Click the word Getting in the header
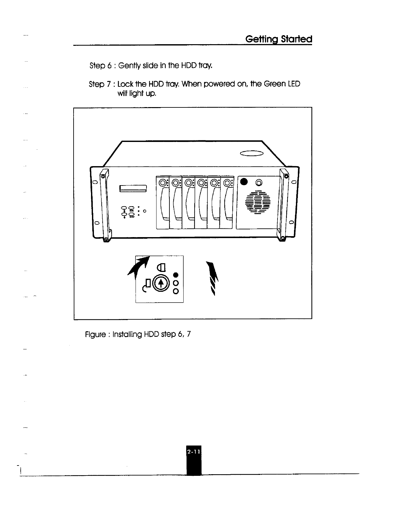(x=261, y=40)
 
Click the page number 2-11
(x=193, y=452)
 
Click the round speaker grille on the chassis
(x=258, y=203)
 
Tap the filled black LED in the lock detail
(x=176, y=275)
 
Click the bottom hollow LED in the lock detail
(x=176, y=291)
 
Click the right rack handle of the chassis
(x=284, y=205)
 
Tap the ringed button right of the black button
(x=258, y=183)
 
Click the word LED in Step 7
(x=294, y=84)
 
